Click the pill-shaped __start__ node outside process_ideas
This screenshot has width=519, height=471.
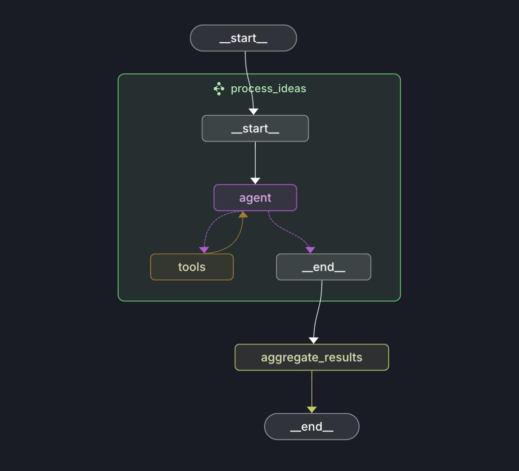coord(243,38)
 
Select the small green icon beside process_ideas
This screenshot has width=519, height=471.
coord(219,89)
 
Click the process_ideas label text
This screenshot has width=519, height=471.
coord(268,89)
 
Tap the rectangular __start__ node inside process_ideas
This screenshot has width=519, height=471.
coord(255,128)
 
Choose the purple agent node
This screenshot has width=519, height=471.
coord(255,198)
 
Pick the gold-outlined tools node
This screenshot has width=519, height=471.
coord(192,267)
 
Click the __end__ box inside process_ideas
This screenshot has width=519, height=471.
coord(323,267)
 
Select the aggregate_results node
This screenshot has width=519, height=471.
coord(311,357)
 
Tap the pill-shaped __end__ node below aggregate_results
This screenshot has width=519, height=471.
coord(311,426)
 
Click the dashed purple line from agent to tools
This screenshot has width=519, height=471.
coord(209,225)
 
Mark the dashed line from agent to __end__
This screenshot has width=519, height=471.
coord(287,232)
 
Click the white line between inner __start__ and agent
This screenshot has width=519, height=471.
coord(255,160)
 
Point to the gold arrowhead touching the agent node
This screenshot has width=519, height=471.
coord(243,215)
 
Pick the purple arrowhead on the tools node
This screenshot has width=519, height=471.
coord(204,250)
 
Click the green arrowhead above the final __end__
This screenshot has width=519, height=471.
coord(312,410)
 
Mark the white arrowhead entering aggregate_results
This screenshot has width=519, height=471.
coord(314,341)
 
